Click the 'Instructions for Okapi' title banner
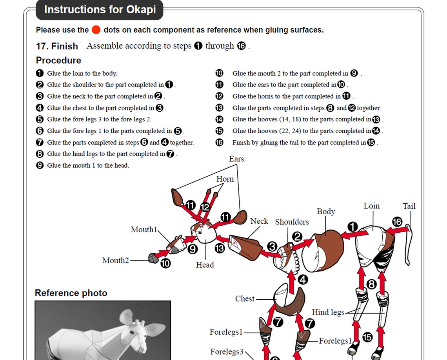[100, 10]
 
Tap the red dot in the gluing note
[96, 30]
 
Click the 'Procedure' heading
[58, 60]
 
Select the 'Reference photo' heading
[71, 293]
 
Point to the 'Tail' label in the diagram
[409, 206]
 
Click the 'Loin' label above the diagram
[371, 206]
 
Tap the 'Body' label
[326, 212]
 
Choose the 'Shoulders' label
[292, 222]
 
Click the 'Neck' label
[259, 221]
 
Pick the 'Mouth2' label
[115, 261]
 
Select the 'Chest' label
[245, 298]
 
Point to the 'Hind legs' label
[328, 313]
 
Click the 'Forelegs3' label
[227, 352]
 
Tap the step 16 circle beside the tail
[397, 222]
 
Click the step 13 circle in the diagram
[220, 248]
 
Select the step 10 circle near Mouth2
[165, 263]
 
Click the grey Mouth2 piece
[153, 258]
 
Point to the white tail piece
[409, 244]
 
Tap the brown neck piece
[246, 247]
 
